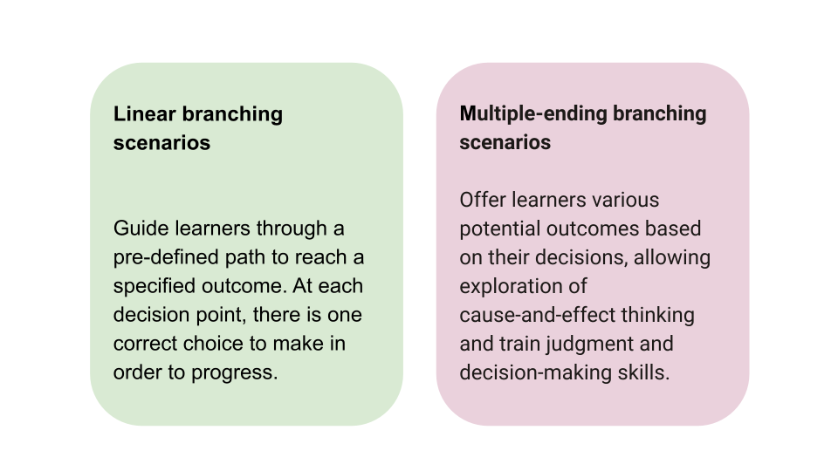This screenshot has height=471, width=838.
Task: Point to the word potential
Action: pyautogui.click(x=498, y=229)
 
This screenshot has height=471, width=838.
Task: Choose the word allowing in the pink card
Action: pyautogui.click(x=672, y=257)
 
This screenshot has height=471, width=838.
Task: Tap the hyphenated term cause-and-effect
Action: pyautogui.click(x=535, y=315)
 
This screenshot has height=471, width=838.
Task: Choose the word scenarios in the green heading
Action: pyautogui.click(x=161, y=142)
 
